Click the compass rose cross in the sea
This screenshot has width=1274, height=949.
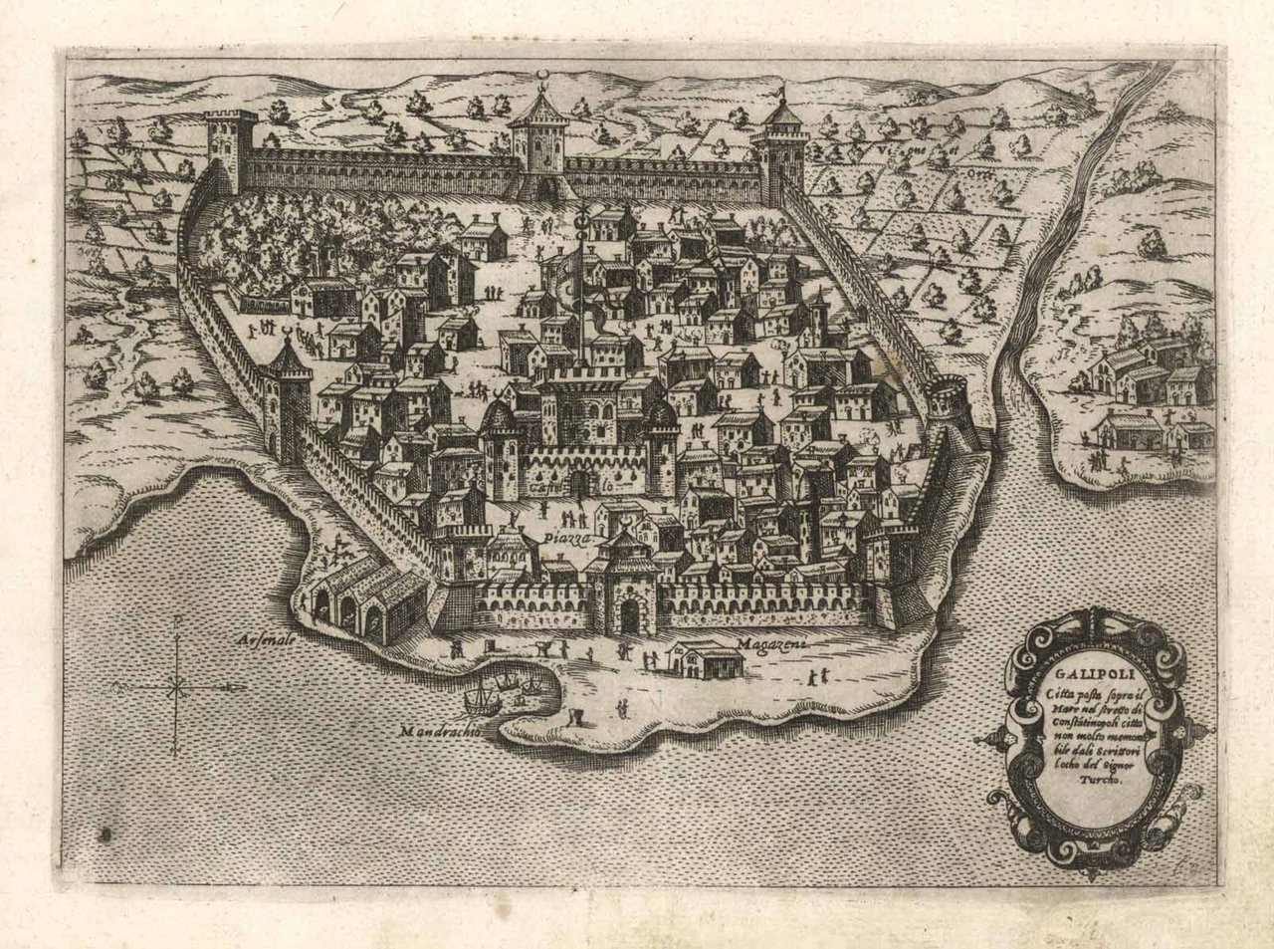(x=177, y=686)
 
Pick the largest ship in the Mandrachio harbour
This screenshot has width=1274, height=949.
(x=479, y=698)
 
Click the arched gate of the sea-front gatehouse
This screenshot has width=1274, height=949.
(x=629, y=617)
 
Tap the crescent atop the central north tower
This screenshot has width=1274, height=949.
(x=541, y=79)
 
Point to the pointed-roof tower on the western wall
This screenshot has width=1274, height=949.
(x=286, y=393)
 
